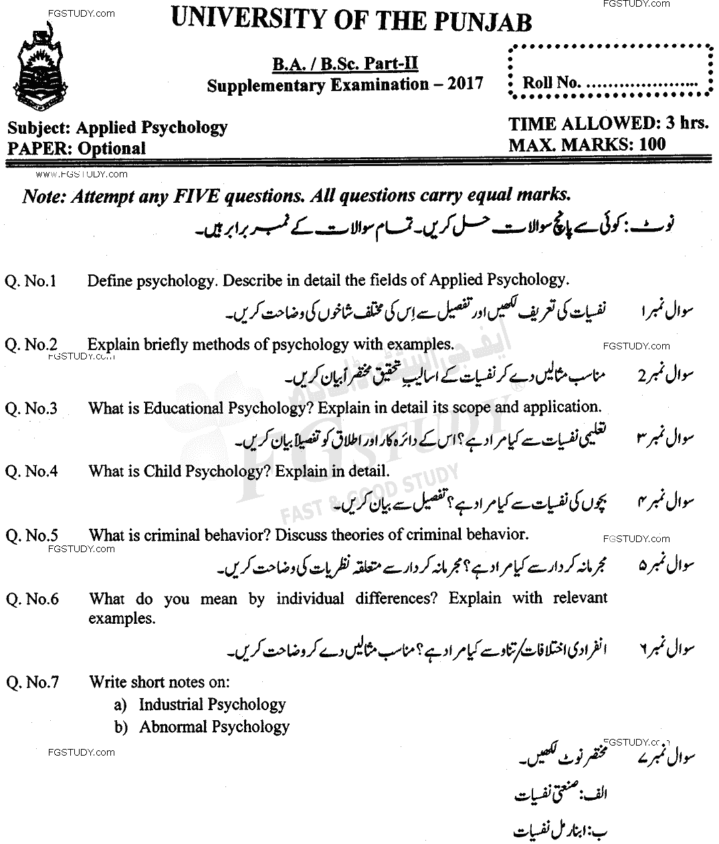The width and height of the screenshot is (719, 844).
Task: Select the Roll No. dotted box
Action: (x=610, y=72)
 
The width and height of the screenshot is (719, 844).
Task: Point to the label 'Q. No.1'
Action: (x=31, y=281)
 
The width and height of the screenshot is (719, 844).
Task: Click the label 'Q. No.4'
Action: (x=31, y=471)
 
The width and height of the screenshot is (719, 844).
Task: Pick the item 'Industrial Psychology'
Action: (x=212, y=704)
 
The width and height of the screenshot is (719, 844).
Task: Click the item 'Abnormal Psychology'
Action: (x=214, y=726)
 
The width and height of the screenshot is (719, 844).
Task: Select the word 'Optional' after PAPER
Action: (x=111, y=148)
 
